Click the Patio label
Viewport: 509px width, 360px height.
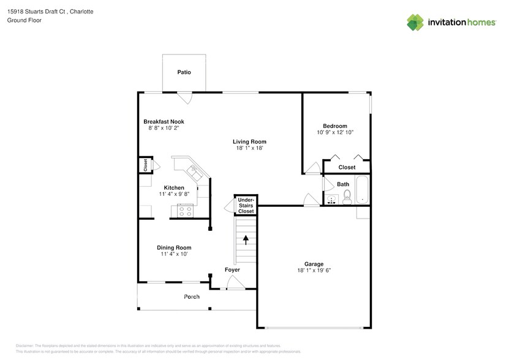(184, 72)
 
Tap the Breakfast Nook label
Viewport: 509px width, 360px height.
(164, 121)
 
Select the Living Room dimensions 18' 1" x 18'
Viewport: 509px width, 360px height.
(251, 148)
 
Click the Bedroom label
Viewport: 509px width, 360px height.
(335, 126)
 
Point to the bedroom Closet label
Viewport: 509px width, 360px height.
(347, 167)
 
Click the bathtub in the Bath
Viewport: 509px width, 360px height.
(361, 190)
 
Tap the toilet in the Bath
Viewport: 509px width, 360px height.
(347, 196)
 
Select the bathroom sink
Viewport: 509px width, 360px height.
(331, 198)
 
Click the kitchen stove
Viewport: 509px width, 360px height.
(184, 211)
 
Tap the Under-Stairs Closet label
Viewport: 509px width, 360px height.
(246, 205)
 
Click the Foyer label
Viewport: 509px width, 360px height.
(232, 269)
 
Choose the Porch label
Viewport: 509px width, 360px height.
(192, 297)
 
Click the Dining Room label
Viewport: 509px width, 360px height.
(174, 247)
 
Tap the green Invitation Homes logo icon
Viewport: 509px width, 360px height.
(415, 23)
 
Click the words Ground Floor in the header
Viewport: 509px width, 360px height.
(25, 20)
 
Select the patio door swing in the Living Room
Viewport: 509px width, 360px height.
(184, 97)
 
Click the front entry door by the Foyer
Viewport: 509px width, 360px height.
(235, 282)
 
